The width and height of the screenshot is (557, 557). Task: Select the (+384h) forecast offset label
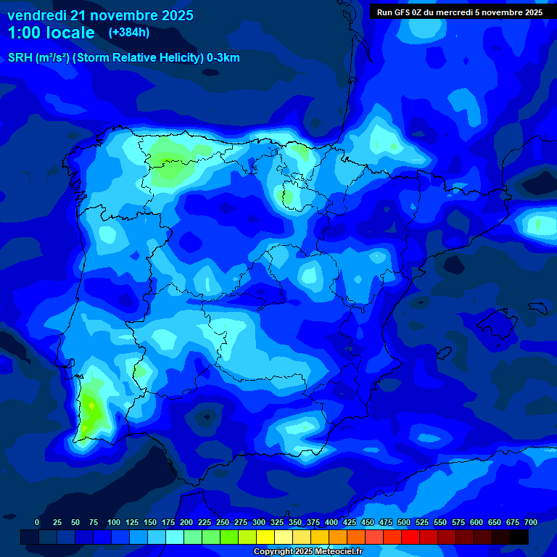click(x=128, y=33)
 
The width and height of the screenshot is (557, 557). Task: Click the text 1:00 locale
click(x=51, y=33)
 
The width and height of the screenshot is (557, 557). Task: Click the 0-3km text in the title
click(x=223, y=58)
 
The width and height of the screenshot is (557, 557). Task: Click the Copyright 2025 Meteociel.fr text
click(x=308, y=552)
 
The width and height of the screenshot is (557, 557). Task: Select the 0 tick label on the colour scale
click(x=37, y=523)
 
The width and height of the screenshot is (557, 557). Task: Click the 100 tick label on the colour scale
click(x=114, y=523)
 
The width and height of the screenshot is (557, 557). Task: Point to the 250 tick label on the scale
click(x=223, y=523)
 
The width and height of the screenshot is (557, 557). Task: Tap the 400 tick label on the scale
click(x=331, y=523)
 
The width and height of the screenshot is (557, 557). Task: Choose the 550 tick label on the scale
click(x=440, y=523)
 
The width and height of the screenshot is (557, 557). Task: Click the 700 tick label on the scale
click(x=531, y=523)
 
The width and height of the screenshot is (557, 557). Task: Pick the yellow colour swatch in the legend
click(x=265, y=537)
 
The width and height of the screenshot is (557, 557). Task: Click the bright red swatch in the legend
click(x=410, y=537)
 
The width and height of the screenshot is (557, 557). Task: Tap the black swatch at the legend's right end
click(x=519, y=537)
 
